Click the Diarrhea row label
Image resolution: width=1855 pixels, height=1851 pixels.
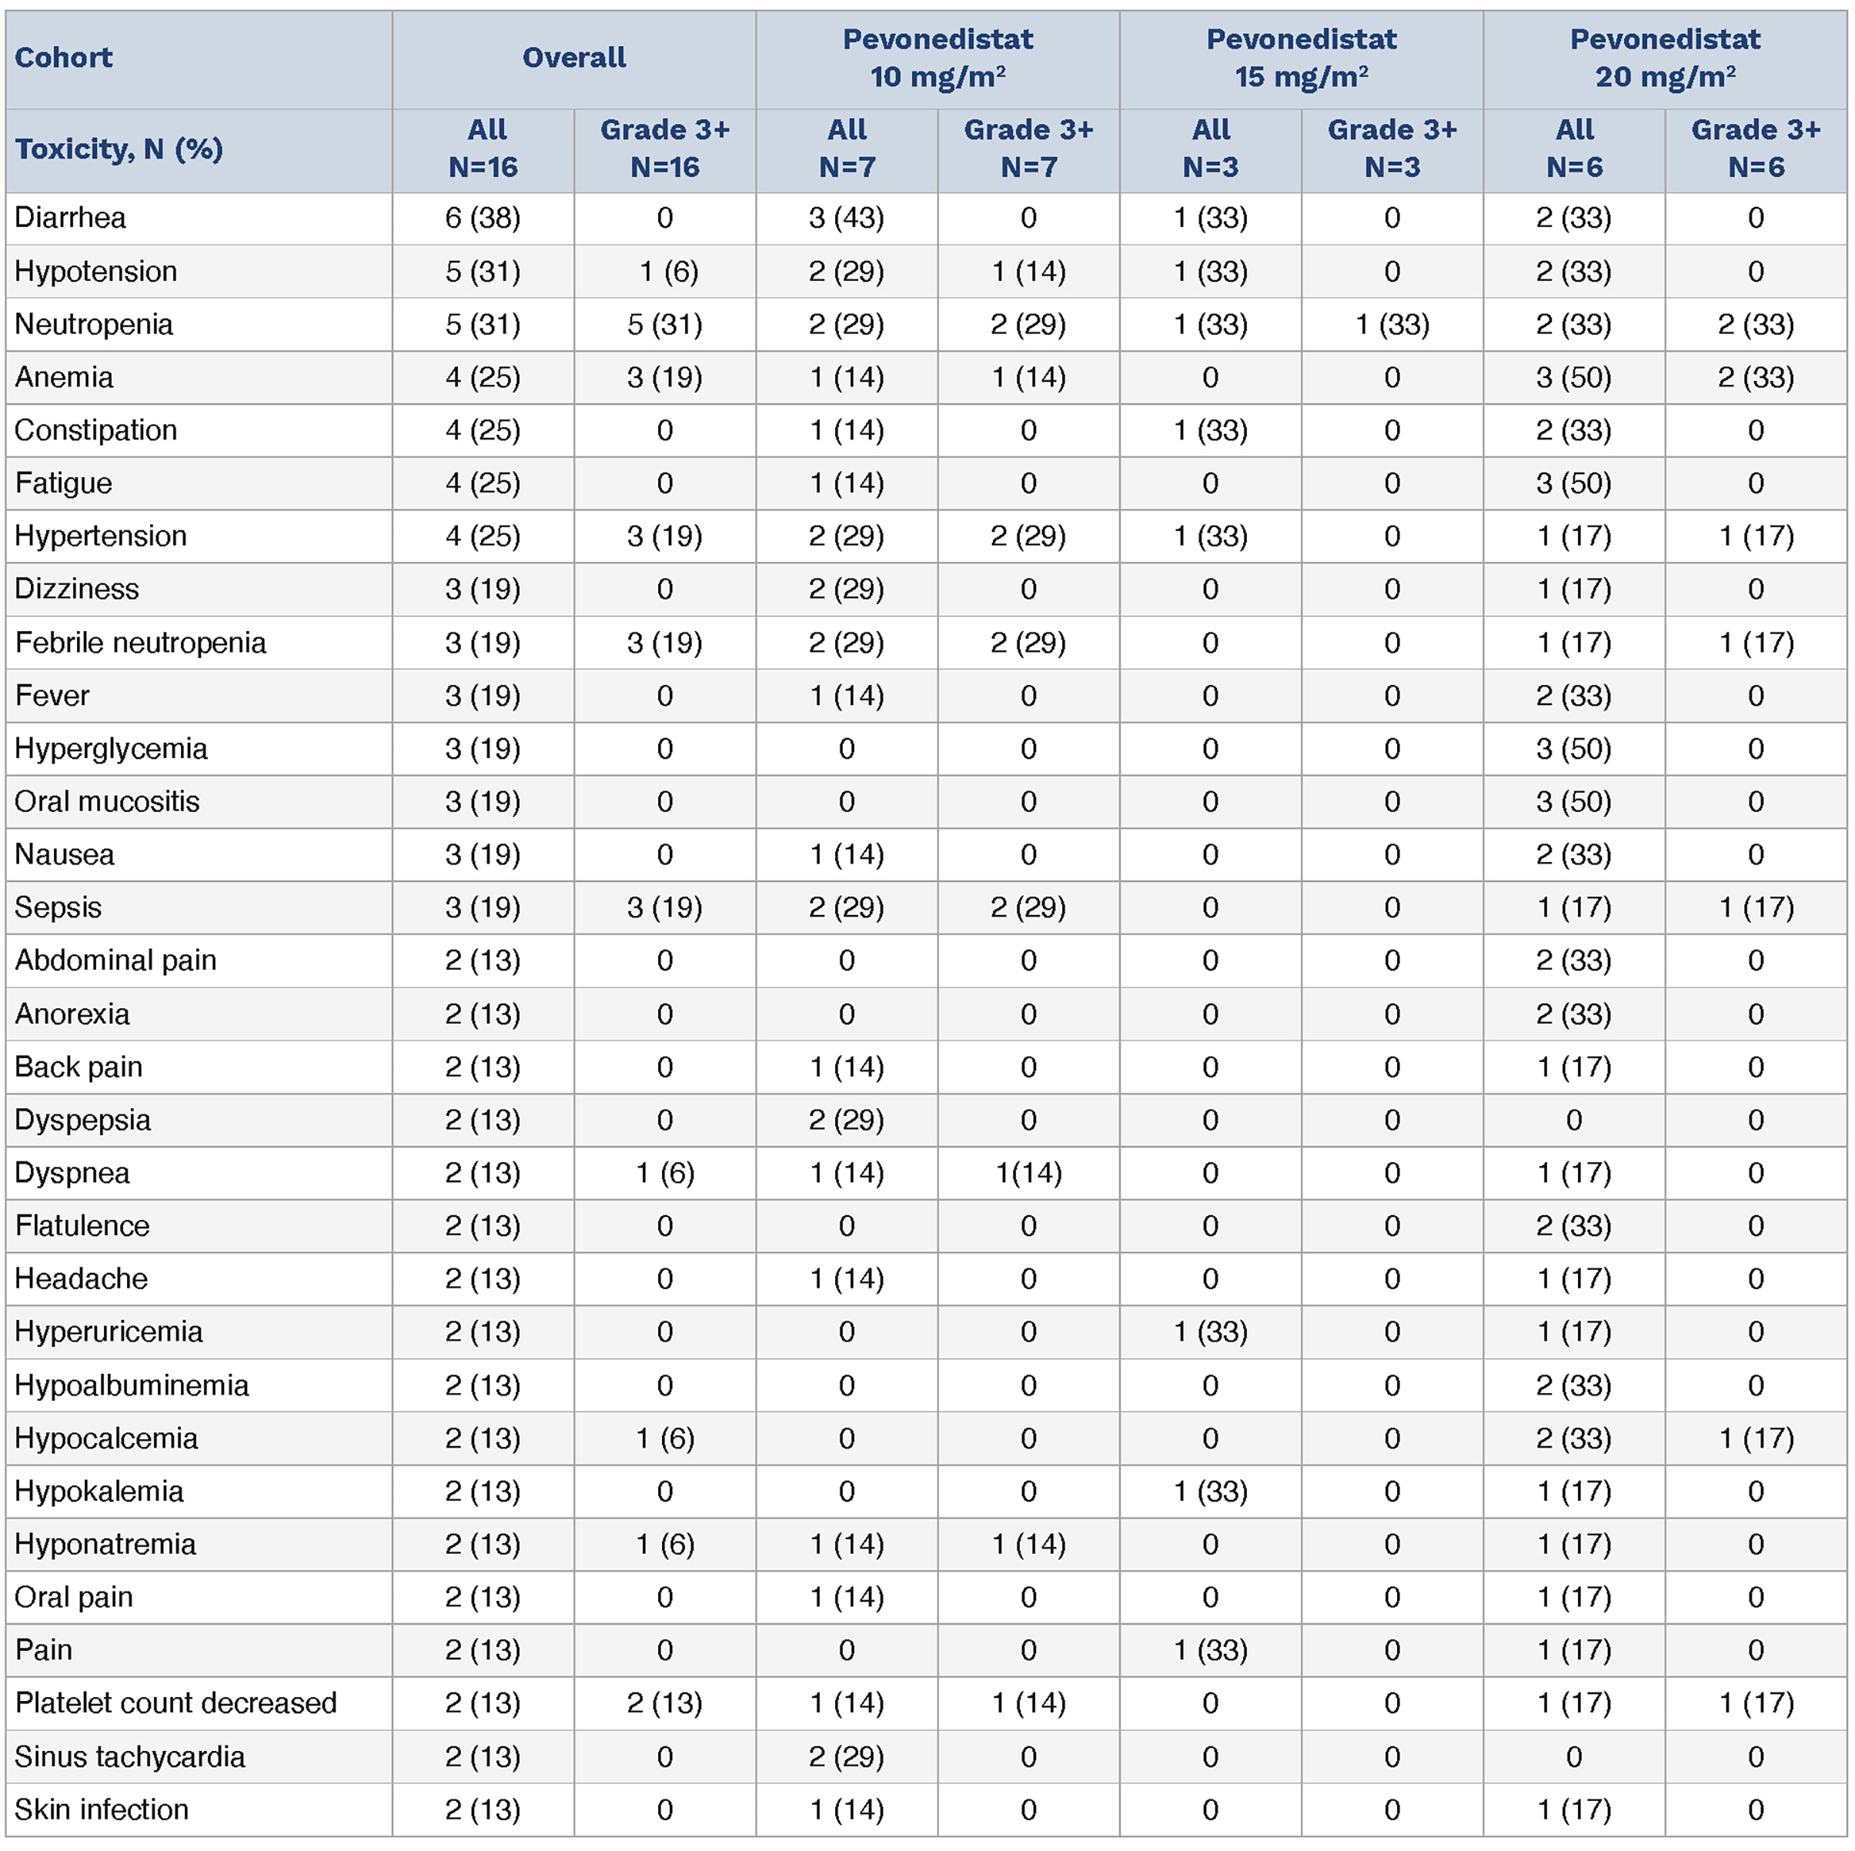click(70, 218)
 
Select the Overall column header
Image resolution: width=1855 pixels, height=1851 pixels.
click(573, 58)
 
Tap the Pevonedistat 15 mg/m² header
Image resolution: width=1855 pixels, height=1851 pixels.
click(1301, 58)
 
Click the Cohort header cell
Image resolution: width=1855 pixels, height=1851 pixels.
click(63, 58)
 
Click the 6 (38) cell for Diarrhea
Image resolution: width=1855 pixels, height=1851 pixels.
click(482, 218)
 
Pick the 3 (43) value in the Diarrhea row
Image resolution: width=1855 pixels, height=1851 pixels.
click(846, 218)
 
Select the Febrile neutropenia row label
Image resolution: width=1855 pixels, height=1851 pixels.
click(140, 643)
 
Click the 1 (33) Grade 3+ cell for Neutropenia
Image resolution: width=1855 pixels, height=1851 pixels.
click(1392, 325)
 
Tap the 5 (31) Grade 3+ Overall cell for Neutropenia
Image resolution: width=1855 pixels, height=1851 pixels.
click(664, 325)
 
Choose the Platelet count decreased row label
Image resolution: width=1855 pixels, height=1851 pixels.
click(175, 1702)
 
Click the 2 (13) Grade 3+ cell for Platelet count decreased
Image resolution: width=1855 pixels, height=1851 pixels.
click(664, 1702)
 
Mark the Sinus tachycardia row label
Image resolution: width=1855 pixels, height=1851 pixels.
click(129, 1756)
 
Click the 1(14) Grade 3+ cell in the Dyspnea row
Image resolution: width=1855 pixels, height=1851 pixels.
click(1028, 1172)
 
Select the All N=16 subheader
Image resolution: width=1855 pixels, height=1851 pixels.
click(482, 149)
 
